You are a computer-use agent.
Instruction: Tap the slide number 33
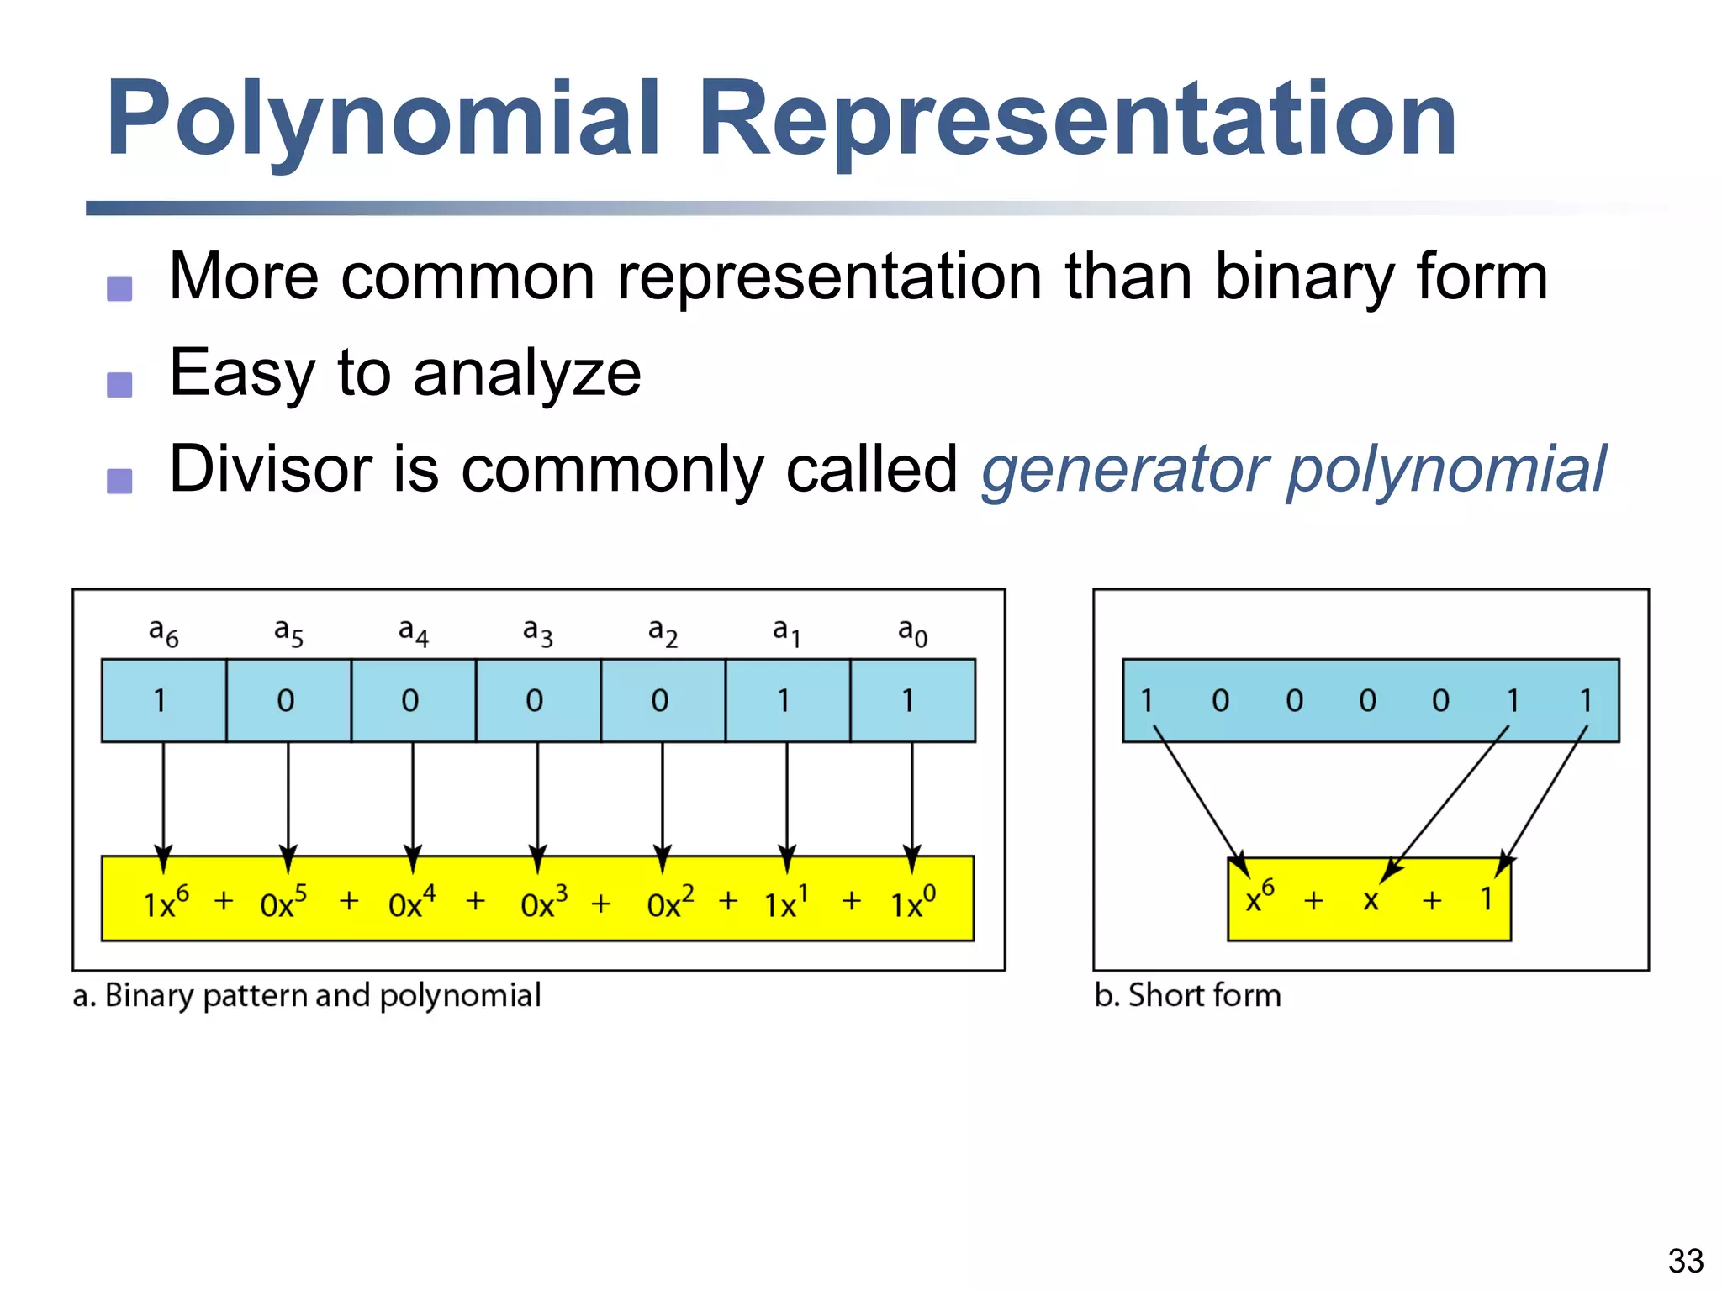[1685, 1261]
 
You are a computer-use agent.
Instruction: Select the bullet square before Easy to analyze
[119, 385]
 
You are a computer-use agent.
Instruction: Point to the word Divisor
[269, 469]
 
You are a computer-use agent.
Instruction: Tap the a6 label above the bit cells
[163, 632]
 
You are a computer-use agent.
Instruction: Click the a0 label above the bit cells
[912, 632]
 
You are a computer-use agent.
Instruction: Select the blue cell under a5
[288, 700]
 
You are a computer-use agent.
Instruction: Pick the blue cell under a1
[787, 700]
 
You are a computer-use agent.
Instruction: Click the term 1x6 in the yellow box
[166, 902]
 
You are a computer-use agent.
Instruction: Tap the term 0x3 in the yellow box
[543, 902]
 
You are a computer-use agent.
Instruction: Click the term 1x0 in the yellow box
[912, 902]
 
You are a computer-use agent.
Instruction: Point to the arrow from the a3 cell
[538, 798]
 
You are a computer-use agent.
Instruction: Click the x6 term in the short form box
[1259, 898]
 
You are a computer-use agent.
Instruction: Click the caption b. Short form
[1187, 995]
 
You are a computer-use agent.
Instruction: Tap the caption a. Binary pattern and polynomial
[307, 995]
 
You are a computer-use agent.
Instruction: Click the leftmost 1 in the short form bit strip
[1147, 700]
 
